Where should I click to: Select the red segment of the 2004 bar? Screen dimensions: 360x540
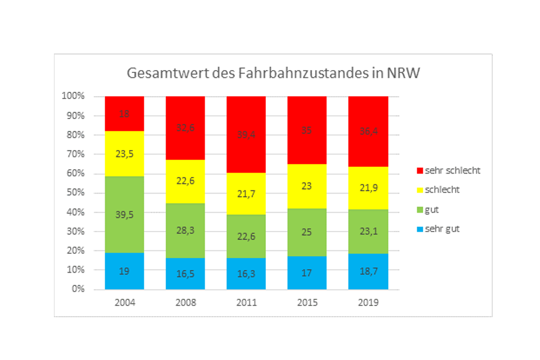[125, 114]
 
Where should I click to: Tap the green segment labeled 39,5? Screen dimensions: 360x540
[125, 214]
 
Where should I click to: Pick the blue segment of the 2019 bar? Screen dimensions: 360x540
[368, 271]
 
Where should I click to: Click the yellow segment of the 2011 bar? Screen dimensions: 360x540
[246, 194]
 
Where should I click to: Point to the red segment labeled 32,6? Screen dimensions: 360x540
[185, 128]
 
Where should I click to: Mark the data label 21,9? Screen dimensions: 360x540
[368, 188]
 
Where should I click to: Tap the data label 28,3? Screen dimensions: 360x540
[185, 230]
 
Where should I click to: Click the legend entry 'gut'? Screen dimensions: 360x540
[432, 209]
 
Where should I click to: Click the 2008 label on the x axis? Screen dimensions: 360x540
[185, 303]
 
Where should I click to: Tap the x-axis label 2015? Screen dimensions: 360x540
[307, 303]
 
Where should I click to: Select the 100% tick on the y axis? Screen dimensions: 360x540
[73, 96]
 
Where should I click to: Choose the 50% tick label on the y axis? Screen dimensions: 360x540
[75, 193]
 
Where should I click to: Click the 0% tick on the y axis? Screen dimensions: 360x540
[77, 289]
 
